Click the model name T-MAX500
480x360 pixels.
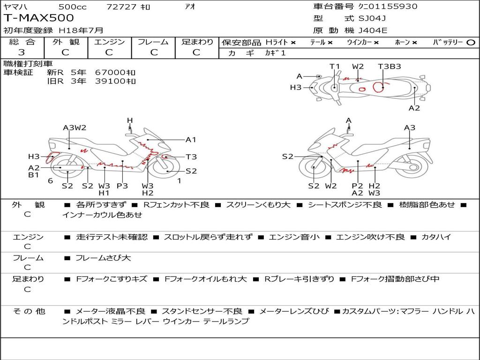tap(39, 18)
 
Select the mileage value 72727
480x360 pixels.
tap(121, 7)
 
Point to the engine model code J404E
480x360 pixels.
tap(373, 31)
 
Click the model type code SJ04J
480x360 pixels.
tap(372, 19)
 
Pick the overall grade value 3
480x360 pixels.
tap(22, 52)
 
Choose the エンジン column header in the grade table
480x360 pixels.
tap(109, 42)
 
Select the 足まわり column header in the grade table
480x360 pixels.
tap(197, 42)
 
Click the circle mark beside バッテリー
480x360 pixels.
tap(471, 42)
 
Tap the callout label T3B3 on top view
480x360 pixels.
tap(390, 66)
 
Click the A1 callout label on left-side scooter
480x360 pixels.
tap(191, 139)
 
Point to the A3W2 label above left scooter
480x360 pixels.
tap(75, 127)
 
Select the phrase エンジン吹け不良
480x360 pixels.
tap(370, 237)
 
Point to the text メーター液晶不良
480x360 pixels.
tap(111, 311)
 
